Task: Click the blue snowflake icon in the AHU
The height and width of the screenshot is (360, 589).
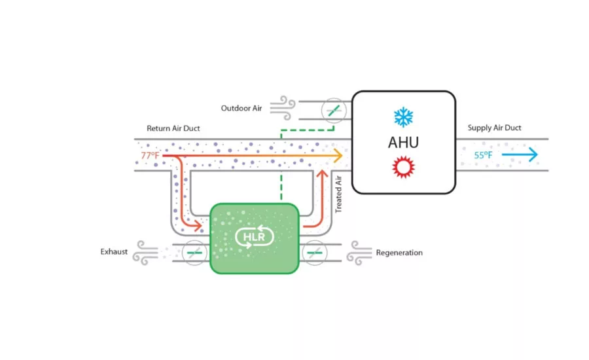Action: (403, 117)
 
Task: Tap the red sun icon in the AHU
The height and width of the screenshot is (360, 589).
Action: (403, 167)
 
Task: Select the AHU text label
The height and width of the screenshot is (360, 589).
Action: (403, 143)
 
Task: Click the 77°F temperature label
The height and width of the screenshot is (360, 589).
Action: (151, 155)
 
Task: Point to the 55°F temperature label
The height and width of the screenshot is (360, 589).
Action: (483, 155)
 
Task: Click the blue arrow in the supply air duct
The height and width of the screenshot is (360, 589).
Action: (520, 154)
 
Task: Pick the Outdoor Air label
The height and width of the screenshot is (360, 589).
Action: (241, 108)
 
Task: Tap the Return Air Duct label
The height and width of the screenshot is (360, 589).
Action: (173, 128)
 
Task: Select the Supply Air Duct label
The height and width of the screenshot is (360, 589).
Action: (494, 128)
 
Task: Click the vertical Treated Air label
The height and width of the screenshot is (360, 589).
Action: (338, 194)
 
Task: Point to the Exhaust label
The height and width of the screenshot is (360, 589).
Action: (114, 252)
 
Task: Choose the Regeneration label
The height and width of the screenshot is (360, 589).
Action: (399, 253)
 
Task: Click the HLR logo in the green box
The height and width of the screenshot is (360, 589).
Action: (255, 237)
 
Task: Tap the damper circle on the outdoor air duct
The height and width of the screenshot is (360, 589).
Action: (334, 111)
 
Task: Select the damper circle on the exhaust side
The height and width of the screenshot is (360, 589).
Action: (194, 253)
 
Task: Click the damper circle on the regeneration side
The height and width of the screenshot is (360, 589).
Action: (314, 253)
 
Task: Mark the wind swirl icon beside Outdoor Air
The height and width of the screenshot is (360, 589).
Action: (283, 108)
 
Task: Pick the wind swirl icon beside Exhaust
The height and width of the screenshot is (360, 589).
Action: (146, 253)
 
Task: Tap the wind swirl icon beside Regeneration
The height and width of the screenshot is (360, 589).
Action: (359, 253)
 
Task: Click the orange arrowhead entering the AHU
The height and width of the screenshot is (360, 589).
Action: (338, 155)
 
